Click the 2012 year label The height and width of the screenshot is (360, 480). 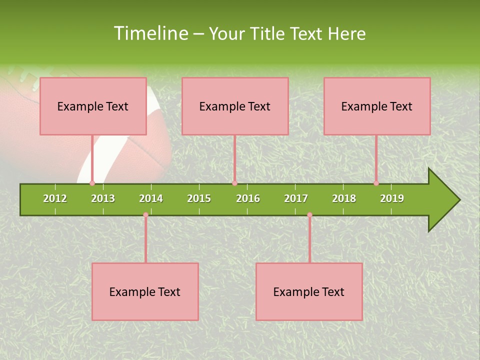coord(55,198)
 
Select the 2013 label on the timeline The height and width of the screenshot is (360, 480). coord(103,198)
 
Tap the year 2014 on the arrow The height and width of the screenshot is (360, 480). coord(151,198)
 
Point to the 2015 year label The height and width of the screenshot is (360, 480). coord(199,198)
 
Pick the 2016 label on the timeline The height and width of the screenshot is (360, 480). coord(248,198)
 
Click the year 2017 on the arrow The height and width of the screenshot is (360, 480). coord(296,198)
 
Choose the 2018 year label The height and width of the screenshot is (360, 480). coord(344,198)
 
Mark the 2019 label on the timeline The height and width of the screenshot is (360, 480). coord(392,198)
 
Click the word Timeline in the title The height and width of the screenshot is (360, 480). coord(150,33)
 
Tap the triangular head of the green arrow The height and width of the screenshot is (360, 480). coord(442,200)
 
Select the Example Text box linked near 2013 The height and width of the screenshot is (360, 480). coord(93,106)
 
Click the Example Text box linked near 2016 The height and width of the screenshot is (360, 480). coord(235,106)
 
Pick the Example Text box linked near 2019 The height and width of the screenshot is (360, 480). coord(377,106)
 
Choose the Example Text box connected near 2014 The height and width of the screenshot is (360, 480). coord(145,291)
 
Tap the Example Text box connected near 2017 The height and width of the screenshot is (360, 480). coord(309,291)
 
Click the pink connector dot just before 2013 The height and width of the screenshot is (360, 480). coord(92,183)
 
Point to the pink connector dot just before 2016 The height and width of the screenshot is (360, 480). coord(234,183)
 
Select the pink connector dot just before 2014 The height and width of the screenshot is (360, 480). coord(145,214)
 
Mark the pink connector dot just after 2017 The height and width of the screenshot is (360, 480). coord(309,214)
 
